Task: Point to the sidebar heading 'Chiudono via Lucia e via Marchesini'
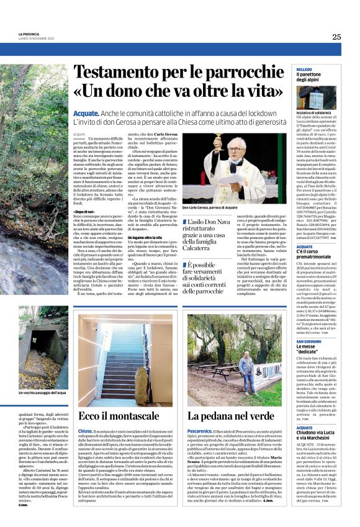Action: pyautogui.click(x=317, y=435)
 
